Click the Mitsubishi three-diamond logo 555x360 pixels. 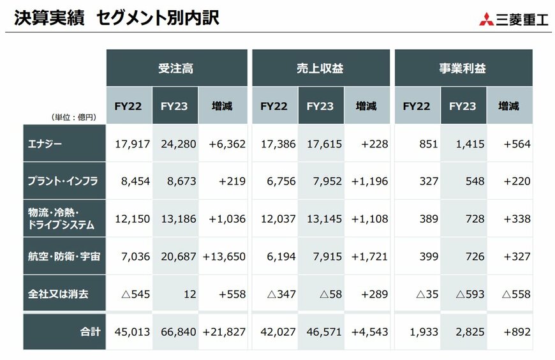click(487, 19)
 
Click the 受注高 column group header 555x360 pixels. click(176, 68)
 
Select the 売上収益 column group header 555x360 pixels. click(320, 68)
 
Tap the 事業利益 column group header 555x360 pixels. click(463, 68)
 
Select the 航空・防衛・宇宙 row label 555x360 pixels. click(62, 257)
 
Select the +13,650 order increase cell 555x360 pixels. click(224, 257)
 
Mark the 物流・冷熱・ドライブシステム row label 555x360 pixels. click(61, 219)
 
